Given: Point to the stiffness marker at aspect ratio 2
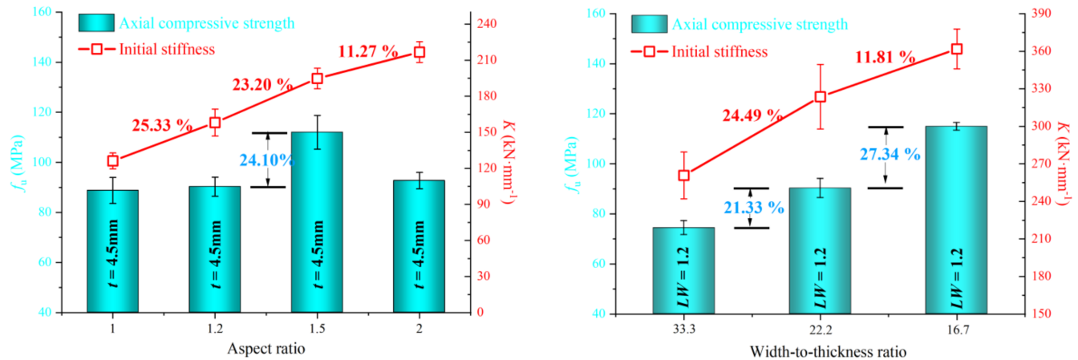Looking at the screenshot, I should (x=419, y=52).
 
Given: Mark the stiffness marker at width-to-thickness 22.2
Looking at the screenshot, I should (x=820, y=97).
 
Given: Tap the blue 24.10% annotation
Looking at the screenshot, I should (x=266, y=160).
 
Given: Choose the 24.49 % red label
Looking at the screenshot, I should (x=751, y=115).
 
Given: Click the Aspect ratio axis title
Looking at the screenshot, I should (x=266, y=349).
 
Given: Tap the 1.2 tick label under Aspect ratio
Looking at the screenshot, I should (x=215, y=329).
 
